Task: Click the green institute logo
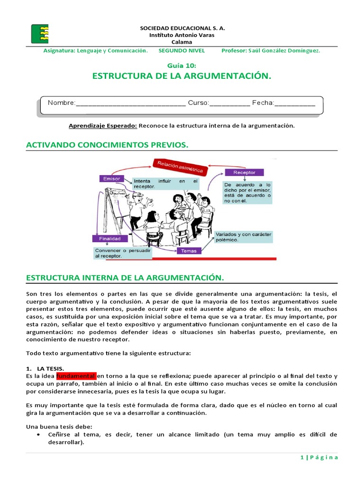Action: (39, 34)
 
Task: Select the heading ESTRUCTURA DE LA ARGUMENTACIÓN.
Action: (182, 76)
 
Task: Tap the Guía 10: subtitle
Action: (182, 65)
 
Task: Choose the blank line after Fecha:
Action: (295, 103)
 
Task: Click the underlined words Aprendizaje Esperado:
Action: (103, 126)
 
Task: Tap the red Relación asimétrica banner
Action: (178, 167)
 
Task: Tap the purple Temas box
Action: (189, 251)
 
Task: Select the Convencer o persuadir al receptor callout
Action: (122, 253)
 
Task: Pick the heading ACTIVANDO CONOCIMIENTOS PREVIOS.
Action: (107, 144)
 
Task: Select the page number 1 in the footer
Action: (301, 458)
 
